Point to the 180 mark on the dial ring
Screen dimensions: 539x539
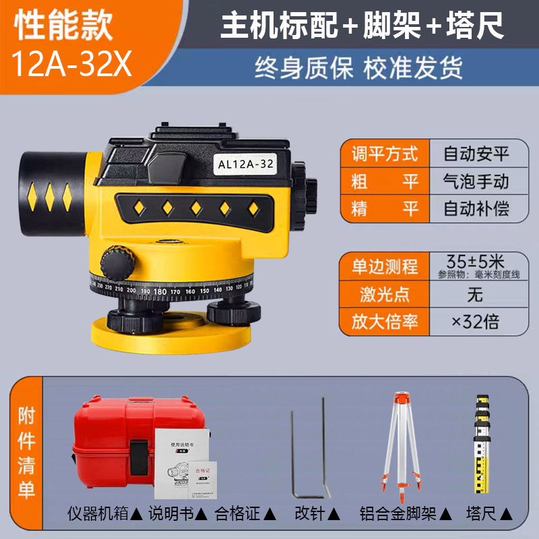click(160, 292)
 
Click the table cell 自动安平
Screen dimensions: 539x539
click(476, 154)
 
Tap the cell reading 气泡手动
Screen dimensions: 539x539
click(476, 181)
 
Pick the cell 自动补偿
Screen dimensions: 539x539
click(476, 208)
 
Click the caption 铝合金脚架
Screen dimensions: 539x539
click(402, 514)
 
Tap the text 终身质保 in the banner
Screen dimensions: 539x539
click(304, 68)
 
